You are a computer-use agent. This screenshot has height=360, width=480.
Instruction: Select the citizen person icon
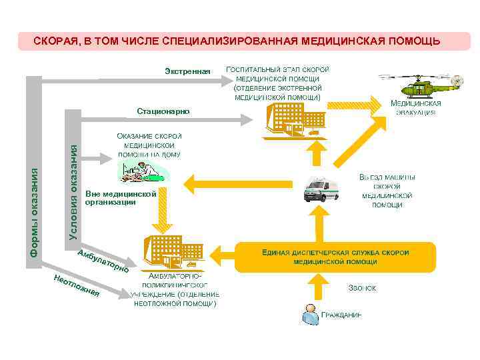tap(309, 314)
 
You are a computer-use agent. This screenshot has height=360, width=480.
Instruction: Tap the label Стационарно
tap(163, 111)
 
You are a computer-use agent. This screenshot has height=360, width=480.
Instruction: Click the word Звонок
tap(363, 289)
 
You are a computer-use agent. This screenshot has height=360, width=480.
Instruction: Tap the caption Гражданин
tap(342, 315)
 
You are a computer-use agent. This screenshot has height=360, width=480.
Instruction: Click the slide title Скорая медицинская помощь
tap(237, 41)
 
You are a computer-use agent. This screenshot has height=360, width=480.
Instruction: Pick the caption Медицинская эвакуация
tap(416, 108)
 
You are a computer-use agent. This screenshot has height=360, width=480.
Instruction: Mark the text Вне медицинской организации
tap(125, 198)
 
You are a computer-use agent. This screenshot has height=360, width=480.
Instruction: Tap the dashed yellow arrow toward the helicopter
tap(356, 102)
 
